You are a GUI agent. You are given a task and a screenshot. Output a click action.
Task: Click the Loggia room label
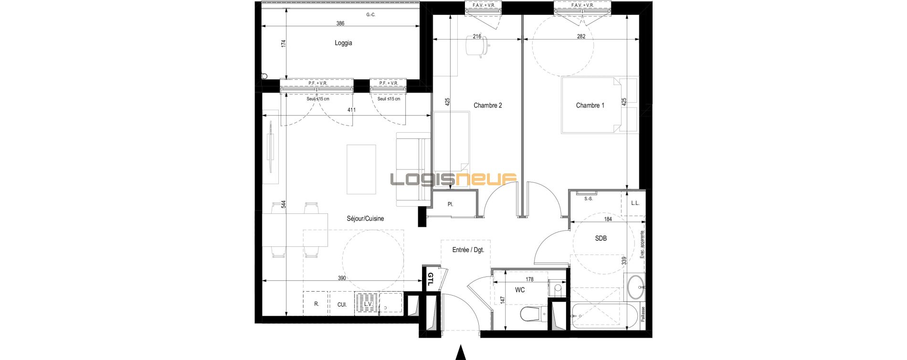point(343,43)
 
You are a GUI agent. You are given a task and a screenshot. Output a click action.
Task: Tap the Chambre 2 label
point(487,106)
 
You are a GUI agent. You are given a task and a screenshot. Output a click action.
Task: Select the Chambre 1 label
point(590,106)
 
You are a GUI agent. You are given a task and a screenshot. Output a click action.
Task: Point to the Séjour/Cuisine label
point(365,219)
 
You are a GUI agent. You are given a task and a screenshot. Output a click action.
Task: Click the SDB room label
point(601,238)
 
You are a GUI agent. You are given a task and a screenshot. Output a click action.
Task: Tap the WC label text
point(520,290)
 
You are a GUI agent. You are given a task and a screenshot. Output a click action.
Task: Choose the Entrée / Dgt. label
point(468,250)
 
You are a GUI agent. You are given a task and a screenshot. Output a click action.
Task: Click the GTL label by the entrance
point(430,279)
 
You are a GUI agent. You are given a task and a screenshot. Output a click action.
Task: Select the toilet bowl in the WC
point(529,314)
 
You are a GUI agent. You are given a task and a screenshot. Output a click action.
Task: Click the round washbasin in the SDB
point(635,287)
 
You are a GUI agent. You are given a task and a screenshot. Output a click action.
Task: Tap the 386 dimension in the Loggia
point(340,23)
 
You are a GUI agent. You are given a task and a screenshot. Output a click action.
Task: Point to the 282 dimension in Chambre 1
point(581,36)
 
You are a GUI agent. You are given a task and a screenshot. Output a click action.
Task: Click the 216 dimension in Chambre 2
point(477,36)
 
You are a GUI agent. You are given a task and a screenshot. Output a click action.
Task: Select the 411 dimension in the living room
point(351,110)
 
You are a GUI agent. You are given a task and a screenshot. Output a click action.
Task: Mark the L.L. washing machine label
point(635,203)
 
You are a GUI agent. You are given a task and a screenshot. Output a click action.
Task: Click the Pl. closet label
point(450,204)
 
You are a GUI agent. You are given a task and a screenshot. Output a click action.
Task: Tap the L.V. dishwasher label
point(368,304)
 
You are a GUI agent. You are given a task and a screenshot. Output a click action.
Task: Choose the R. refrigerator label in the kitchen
point(316,304)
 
